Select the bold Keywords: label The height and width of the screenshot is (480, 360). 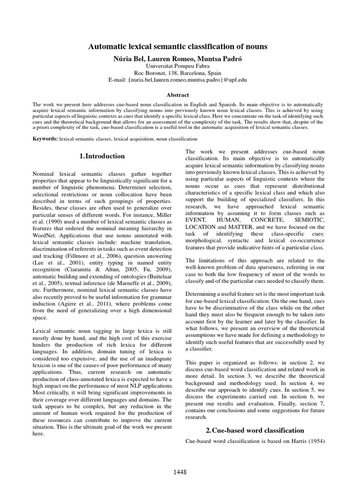pyautogui.click(x=45, y=139)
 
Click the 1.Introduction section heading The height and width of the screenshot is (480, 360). pyautogui.click(x=102, y=156)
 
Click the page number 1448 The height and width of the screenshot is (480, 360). pyautogui.click(x=180, y=471)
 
